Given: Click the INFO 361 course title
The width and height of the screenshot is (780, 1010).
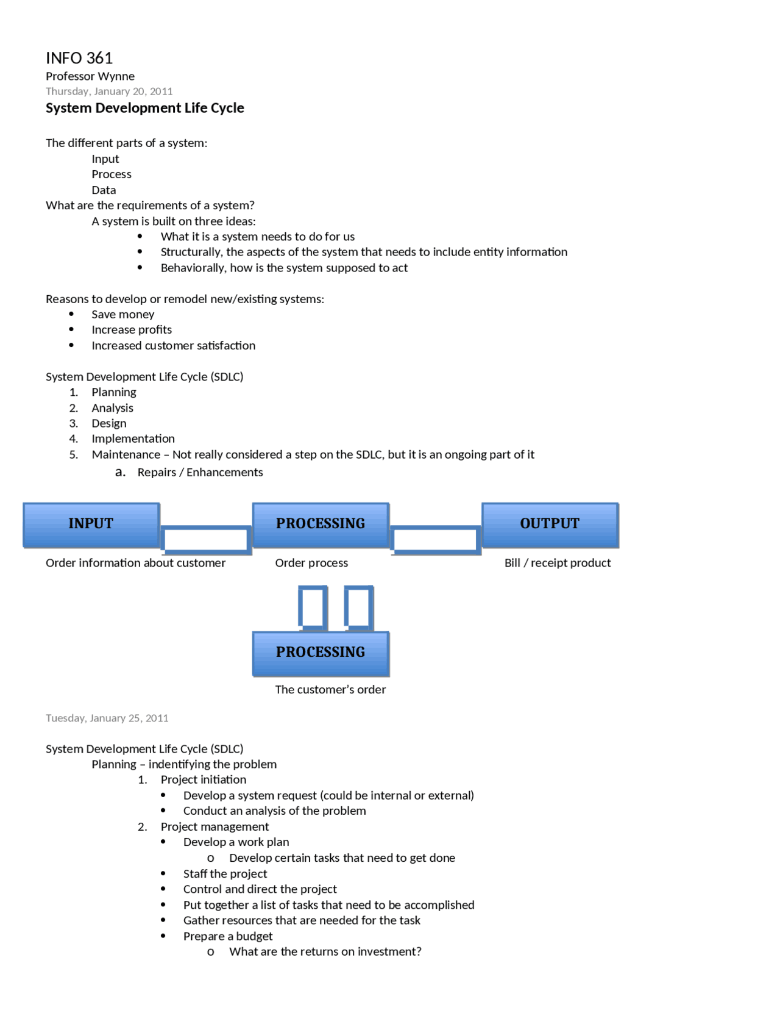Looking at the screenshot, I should pos(79,58).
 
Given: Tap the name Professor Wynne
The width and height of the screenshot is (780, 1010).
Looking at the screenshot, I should pos(90,76).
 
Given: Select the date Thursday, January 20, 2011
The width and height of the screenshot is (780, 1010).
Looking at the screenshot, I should pos(109,91).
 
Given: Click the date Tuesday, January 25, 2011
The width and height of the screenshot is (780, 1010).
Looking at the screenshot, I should pos(107,718).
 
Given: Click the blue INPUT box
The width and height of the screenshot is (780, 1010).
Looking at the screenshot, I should pos(91,525).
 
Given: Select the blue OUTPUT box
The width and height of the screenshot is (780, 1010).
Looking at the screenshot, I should pos(550,525).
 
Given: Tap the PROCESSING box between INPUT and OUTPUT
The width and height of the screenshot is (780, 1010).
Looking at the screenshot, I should pos(321,525).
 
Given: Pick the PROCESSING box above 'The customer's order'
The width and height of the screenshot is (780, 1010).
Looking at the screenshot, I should pos(321,653).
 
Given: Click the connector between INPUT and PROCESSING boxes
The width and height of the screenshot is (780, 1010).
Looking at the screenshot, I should pos(206,540).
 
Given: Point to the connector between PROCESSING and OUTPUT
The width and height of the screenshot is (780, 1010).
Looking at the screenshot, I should pos(435,540).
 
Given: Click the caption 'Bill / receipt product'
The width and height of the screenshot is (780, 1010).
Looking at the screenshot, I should pos(557,563).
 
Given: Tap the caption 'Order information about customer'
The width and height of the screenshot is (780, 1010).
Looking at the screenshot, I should pos(135,563).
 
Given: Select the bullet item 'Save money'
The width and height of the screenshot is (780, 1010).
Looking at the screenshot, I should pos(122,314).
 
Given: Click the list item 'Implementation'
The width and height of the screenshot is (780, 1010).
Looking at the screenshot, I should pos(133,439).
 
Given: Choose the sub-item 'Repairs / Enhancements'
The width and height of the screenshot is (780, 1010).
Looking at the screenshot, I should pos(200,472).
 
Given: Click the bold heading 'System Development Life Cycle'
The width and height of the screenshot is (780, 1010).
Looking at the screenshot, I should pos(144,108).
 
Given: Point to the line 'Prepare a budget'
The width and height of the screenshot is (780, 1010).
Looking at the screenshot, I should pos(228,936).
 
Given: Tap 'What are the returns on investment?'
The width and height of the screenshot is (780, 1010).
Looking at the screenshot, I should pos(325,951).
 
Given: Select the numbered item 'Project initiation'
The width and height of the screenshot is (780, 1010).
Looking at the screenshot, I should pos(204,779).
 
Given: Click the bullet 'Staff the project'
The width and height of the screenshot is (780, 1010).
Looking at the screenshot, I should pos(225,873).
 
